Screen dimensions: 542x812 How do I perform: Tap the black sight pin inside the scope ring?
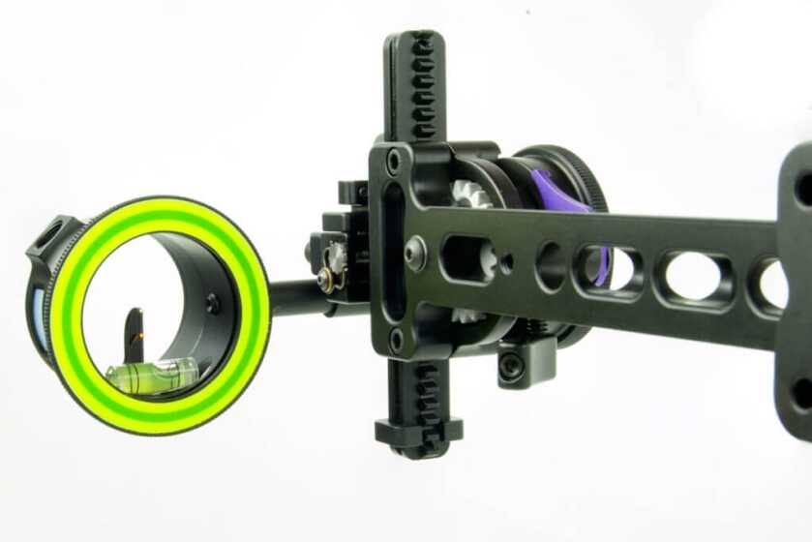click(x=135, y=334)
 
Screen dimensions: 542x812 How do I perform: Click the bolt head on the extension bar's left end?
click(x=414, y=254)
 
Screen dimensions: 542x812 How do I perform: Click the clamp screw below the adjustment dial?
click(x=511, y=367)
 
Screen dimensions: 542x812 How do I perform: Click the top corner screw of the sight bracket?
click(x=393, y=161)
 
